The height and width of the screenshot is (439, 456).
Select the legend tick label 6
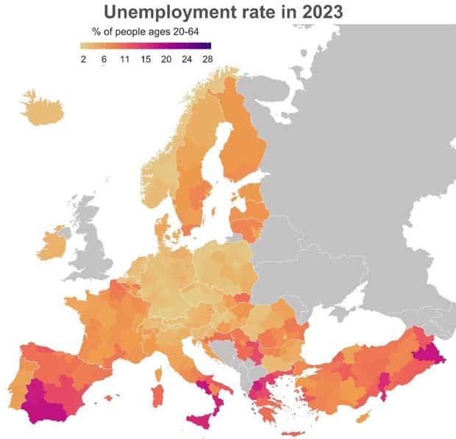(104, 59)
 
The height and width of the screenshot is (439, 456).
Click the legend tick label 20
(166, 59)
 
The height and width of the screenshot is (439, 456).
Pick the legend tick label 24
(187, 59)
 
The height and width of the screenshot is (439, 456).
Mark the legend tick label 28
(207, 59)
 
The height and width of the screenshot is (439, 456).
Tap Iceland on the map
(41, 109)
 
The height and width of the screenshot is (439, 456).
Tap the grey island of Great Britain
(91, 243)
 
